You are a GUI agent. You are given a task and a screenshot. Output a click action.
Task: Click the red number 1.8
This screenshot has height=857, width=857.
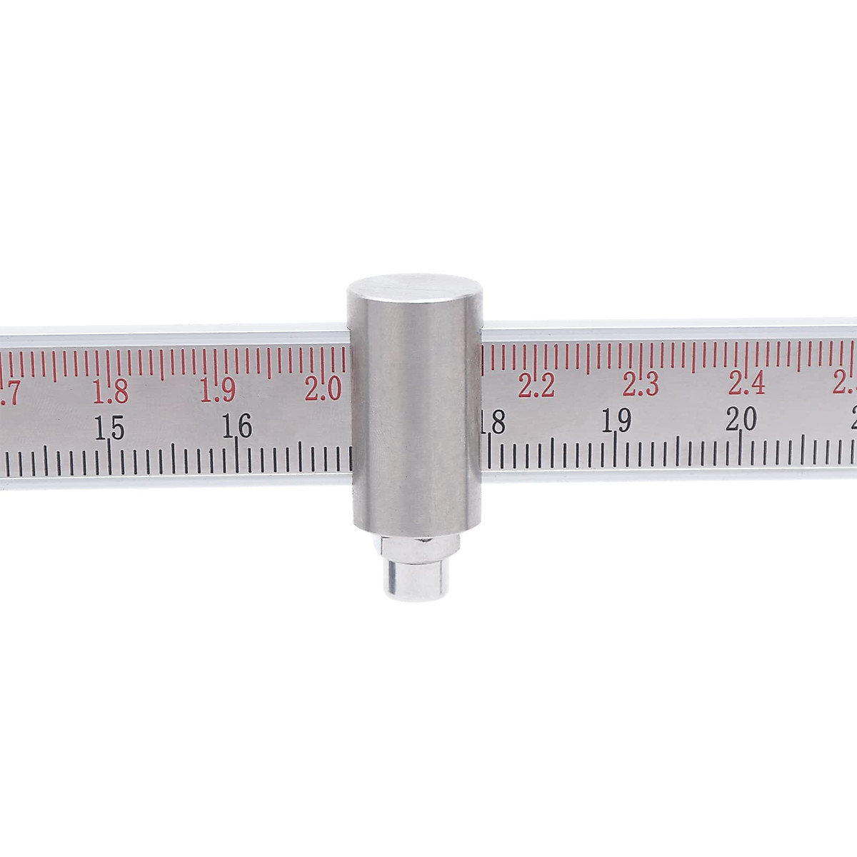pos(111,391)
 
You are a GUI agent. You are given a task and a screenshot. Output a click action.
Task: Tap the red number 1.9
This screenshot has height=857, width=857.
pos(217,389)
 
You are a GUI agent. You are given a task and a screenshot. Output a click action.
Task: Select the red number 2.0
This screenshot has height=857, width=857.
pos(323,389)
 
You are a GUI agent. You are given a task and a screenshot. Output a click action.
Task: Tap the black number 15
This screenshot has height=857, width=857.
pos(109,430)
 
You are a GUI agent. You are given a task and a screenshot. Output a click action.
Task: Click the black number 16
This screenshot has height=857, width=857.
pos(236,427)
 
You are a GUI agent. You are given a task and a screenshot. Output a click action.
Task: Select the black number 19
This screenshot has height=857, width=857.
pos(616,421)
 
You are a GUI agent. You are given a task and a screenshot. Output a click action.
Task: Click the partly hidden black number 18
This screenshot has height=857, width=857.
pos(493,423)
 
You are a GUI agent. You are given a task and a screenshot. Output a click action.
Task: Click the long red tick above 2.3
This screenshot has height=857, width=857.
pos(641,359)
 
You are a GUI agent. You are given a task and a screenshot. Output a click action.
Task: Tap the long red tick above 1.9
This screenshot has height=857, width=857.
pos(217,362)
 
